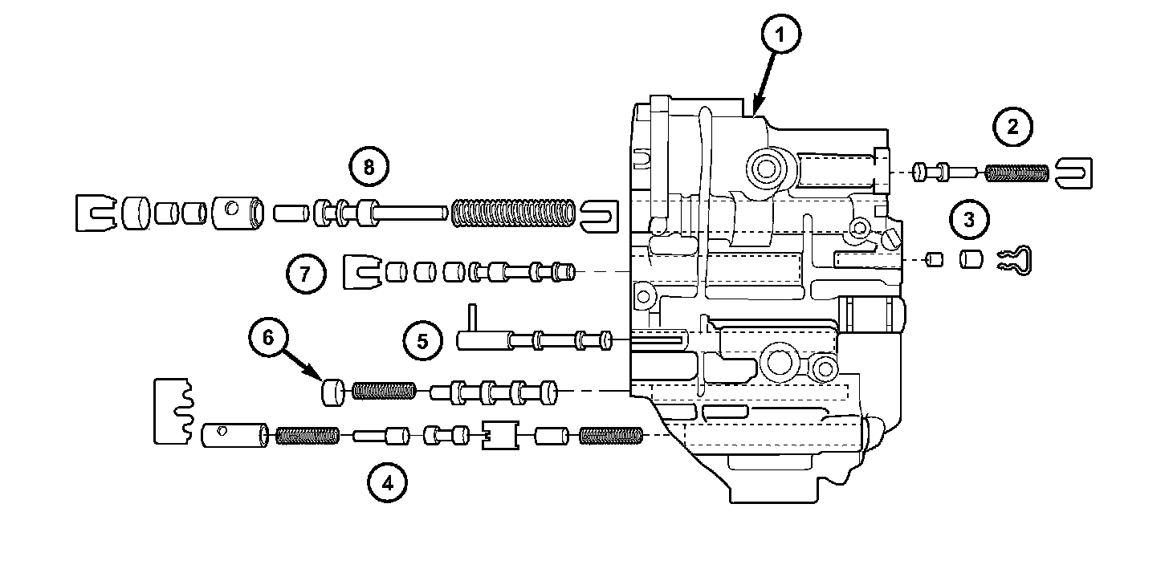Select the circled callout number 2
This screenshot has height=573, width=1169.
point(1012,127)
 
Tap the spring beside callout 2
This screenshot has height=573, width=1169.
point(1016,172)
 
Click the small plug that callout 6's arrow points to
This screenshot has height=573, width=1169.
point(333,392)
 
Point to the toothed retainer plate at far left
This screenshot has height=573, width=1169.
point(172,409)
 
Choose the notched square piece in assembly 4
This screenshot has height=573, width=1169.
point(499,435)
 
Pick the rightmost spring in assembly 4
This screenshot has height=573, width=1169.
point(611,436)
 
